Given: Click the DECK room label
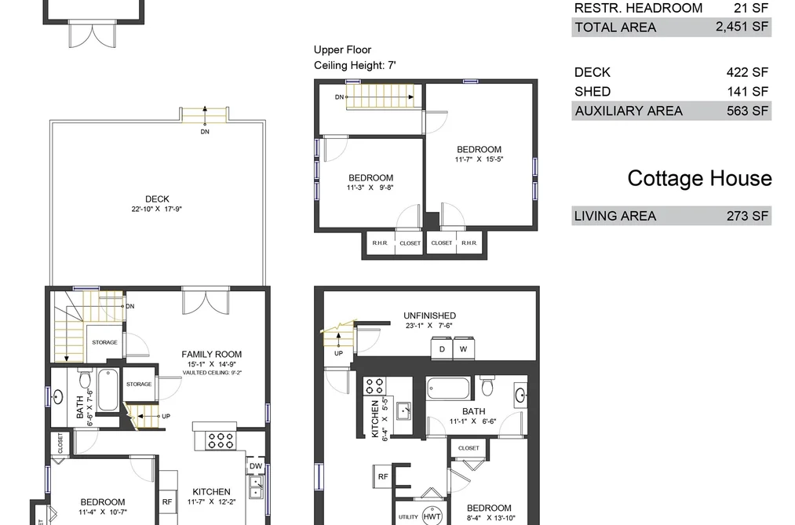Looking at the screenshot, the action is click(157, 199).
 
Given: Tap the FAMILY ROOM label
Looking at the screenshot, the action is click(211, 354).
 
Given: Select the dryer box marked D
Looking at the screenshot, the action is click(442, 348).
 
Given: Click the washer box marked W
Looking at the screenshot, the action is click(463, 348).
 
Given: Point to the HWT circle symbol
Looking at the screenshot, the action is click(432, 516).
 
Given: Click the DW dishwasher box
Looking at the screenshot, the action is click(256, 465).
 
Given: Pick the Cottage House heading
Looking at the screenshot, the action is click(700, 178).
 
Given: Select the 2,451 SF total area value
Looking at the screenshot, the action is click(742, 27).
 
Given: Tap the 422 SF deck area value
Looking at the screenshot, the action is click(747, 72).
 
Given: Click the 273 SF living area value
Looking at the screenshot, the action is click(747, 216).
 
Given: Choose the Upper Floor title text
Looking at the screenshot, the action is click(342, 49).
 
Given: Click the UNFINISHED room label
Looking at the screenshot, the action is click(429, 315).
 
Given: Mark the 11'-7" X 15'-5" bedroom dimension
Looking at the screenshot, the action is click(480, 159).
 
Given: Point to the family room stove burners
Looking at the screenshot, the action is click(221, 440).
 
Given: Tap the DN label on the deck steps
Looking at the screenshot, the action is click(205, 132).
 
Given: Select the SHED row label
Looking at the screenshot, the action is click(593, 92).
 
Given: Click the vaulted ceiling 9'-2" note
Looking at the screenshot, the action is click(212, 373).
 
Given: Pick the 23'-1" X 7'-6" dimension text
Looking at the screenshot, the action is click(429, 326).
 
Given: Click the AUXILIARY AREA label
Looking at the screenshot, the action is click(628, 111).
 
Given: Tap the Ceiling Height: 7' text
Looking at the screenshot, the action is click(355, 65).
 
